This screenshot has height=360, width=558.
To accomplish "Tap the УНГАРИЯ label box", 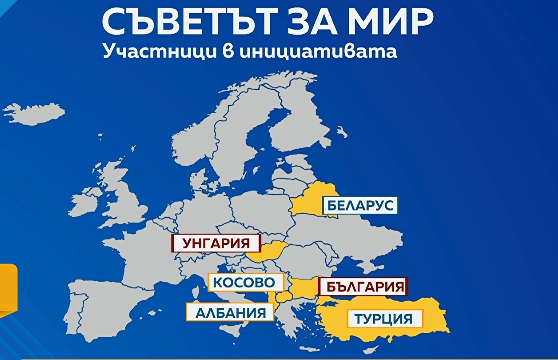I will pos(216,242).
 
